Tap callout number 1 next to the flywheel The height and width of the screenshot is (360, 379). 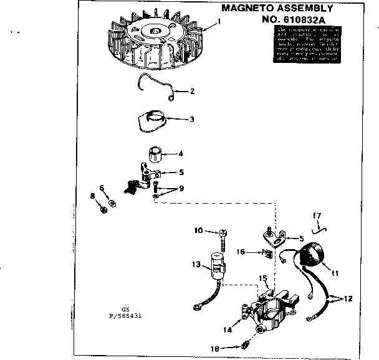[218, 22]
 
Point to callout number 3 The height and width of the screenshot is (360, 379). [192, 118]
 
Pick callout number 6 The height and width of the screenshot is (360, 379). [101, 187]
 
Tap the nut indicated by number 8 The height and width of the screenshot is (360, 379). [104, 210]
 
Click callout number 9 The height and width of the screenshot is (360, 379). [181, 188]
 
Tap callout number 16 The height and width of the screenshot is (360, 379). [240, 252]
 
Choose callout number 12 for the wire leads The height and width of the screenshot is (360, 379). [348, 298]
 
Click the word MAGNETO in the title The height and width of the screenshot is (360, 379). [244, 8]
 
